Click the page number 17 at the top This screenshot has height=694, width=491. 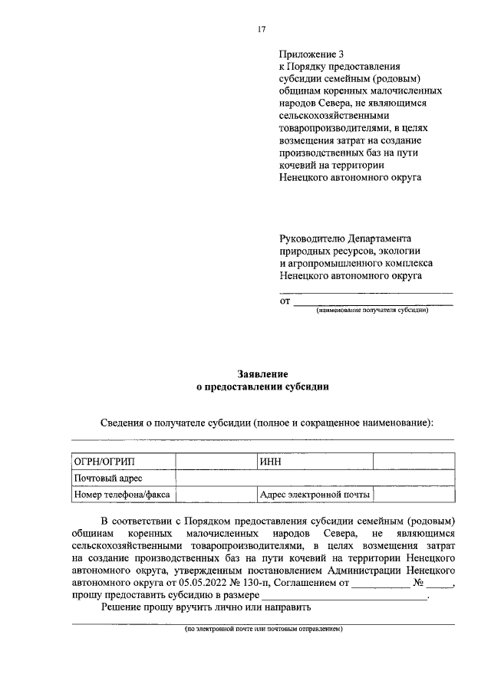tap(261, 29)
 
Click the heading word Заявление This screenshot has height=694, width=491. tap(262, 374)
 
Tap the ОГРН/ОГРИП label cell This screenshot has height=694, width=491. tap(124, 462)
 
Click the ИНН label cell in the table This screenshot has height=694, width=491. tap(313, 462)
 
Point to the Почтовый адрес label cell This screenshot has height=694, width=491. tap(124, 479)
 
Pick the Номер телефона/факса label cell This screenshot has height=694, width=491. tap(124, 495)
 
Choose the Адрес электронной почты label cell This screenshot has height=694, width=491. tap(313, 495)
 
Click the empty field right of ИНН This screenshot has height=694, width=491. tap(413, 462)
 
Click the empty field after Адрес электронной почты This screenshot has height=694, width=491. tap(413, 495)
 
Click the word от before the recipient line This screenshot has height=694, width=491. tap(284, 301)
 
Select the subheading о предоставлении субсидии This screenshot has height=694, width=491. tap(262, 387)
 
